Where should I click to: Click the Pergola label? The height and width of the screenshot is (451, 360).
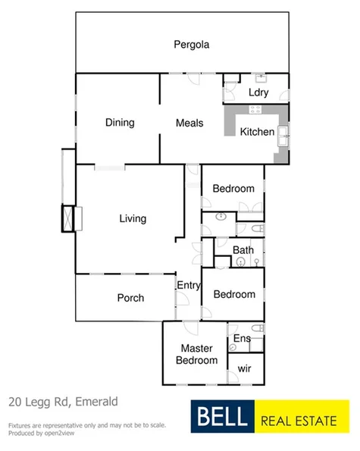[191, 44]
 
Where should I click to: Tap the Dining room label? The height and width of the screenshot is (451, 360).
[120, 123]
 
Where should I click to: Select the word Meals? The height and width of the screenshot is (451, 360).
[189, 123]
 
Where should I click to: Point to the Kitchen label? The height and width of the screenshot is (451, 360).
[257, 132]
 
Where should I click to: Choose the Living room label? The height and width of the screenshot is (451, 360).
[132, 219]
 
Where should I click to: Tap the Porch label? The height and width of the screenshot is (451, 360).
[130, 298]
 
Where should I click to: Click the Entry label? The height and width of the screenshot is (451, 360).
[188, 286]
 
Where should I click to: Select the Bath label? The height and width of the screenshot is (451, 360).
[243, 250]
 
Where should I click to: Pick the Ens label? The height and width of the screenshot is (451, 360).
[242, 338]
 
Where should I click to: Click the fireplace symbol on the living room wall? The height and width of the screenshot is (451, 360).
[69, 219]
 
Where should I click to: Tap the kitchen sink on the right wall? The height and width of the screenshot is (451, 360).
[284, 136]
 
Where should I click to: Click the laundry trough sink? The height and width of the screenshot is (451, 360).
[260, 77]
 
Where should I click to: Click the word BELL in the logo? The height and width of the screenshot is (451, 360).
[222, 417]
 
